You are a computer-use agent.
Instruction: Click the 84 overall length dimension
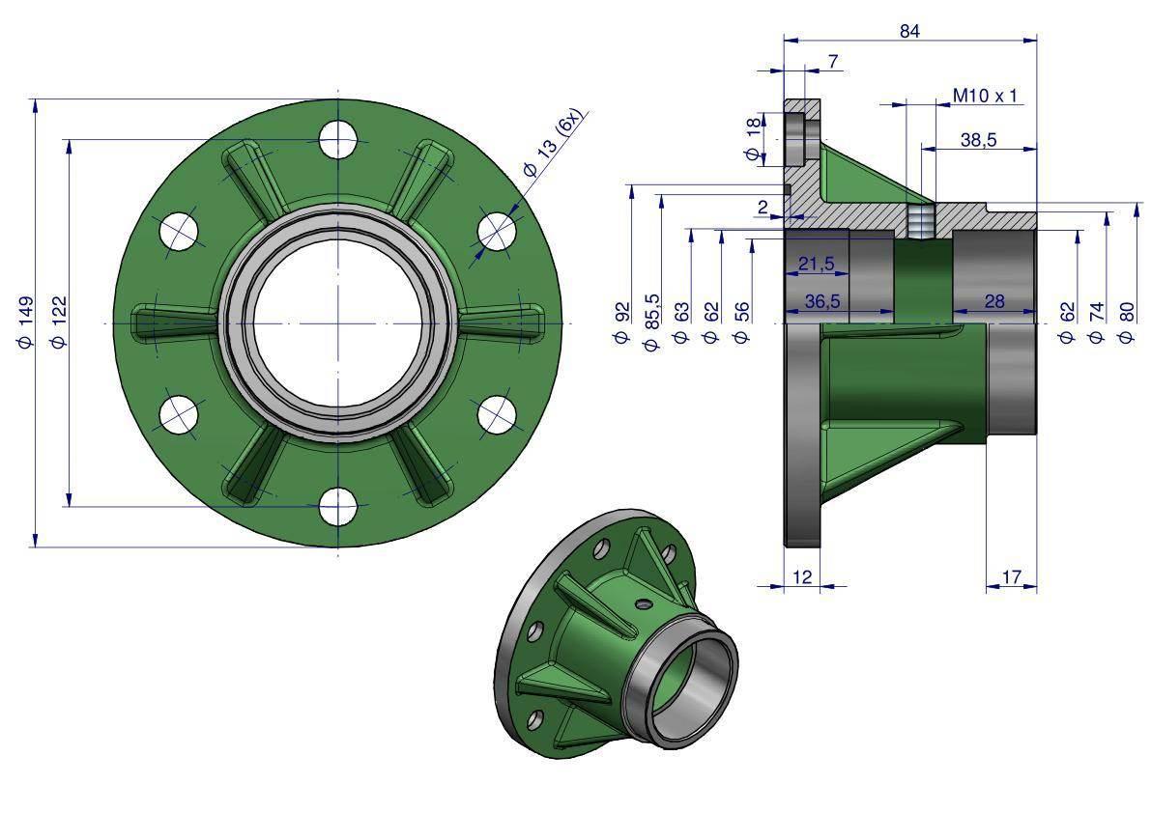coord(909,31)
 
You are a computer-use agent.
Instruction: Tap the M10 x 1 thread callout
coord(985,96)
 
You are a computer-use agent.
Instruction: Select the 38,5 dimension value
coord(979,139)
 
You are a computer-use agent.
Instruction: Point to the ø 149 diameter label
coord(25,322)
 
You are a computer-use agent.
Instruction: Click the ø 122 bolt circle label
coord(58,322)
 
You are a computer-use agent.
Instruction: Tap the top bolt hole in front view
coord(337,139)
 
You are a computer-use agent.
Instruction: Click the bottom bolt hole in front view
coord(337,506)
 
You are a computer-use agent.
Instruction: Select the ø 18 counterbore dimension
coord(753,139)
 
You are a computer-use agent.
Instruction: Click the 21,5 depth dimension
coord(817,264)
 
